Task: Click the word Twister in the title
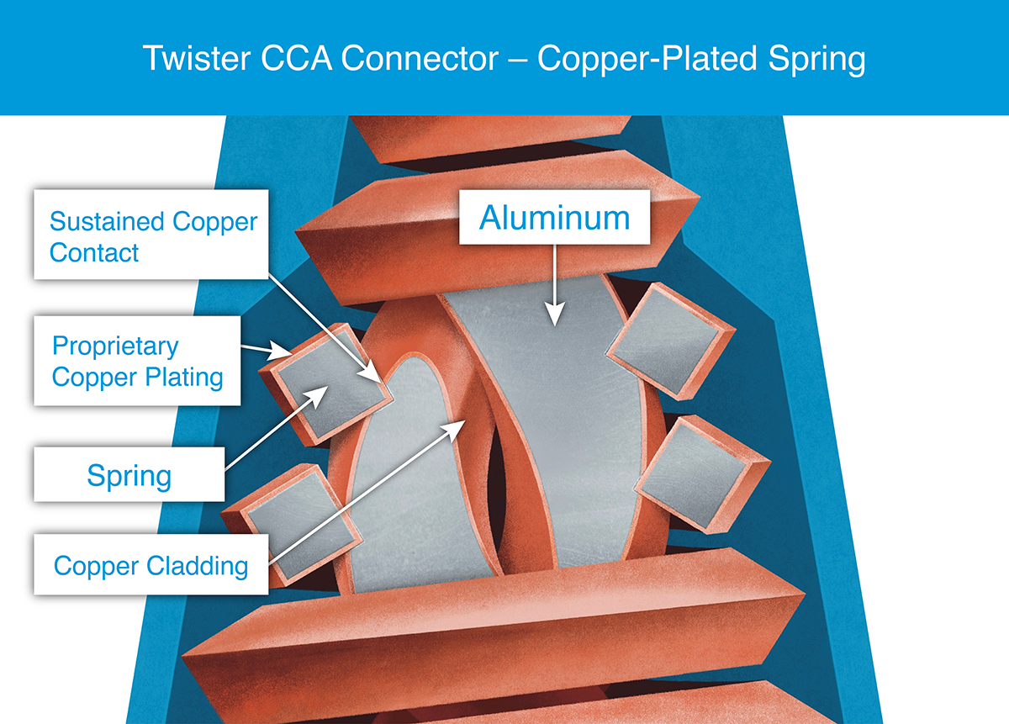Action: point(197,58)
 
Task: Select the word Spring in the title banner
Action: point(816,60)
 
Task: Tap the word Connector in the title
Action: point(420,58)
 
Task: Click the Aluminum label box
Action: point(554,217)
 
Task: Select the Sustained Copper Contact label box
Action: point(151,235)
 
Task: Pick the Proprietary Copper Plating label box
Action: point(137,361)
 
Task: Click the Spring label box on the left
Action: point(129,474)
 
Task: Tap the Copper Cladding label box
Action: point(151,564)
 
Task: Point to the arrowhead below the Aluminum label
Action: point(554,313)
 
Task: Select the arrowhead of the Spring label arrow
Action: point(317,396)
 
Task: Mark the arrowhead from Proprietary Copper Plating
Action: point(279,351)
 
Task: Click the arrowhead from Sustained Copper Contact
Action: point(372,373)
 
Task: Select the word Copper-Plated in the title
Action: point(647,60)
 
